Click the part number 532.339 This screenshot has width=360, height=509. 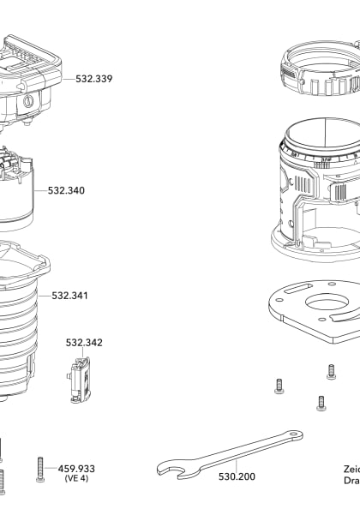click(x=93, y=79)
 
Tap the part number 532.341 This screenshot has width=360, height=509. click(x=69, y=296)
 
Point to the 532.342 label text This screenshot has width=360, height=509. click(x=84, y=343)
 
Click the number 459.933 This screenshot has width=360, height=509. click(x=76, y=469)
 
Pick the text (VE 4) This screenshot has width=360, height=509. click(x=76, y=479)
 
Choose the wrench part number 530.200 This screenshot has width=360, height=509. click(x=237, y=476)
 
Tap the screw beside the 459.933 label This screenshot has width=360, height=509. click(x=39, y=468)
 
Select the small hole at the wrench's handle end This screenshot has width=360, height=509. click(x=297, y=436)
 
